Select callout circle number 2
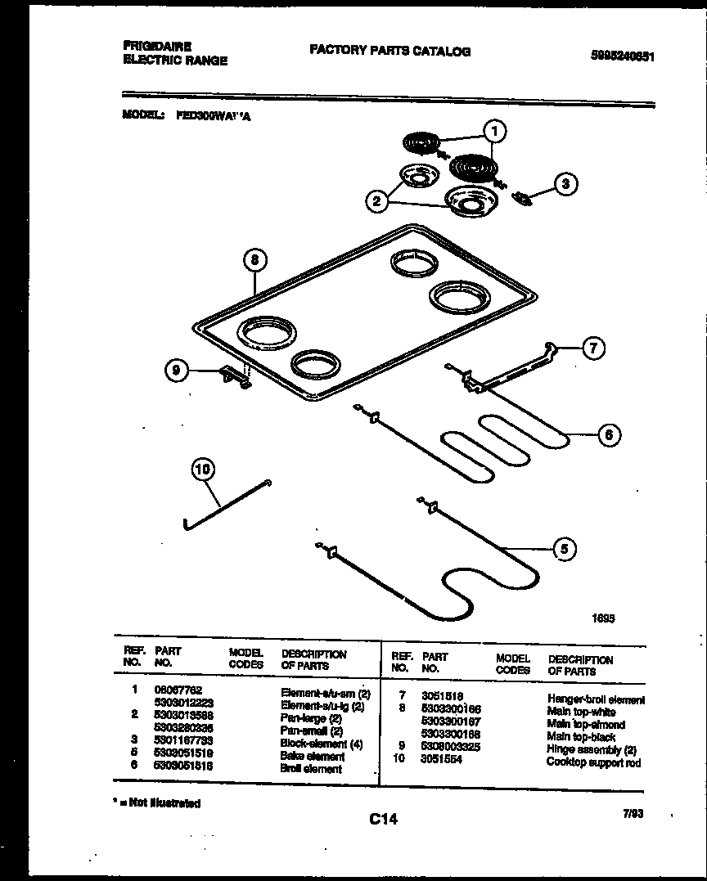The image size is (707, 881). coord(376,201)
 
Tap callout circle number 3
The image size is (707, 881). coord(564,184)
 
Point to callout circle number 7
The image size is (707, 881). coord(593,348)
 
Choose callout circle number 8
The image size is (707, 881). coord(255,260)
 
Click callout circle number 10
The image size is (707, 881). coord(204,470)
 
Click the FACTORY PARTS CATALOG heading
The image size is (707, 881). coord(390,52)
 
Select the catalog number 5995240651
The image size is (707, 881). coord(623,56)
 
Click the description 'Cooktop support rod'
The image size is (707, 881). coord(593,762)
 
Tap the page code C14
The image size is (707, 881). coord(382,818)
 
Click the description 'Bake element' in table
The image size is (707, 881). coord(312,757)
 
